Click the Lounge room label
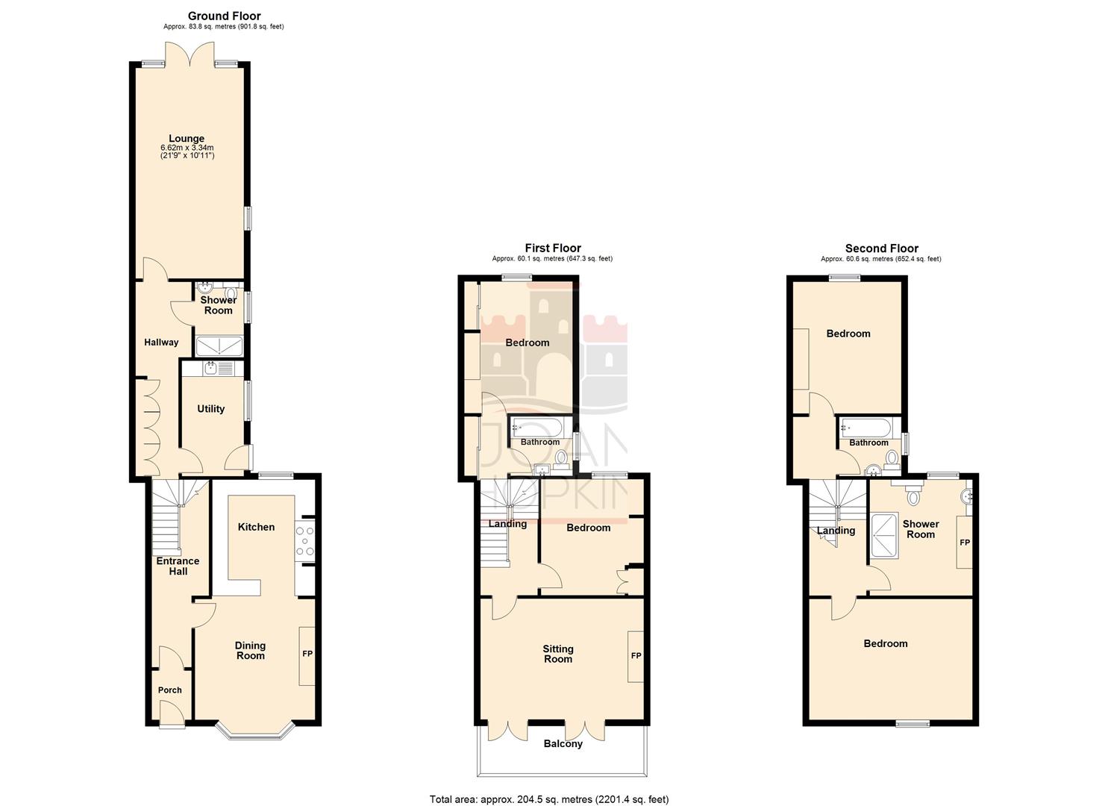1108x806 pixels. (186, 138)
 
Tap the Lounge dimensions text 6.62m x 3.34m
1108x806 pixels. (186, 148)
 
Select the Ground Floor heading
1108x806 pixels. (224, 16)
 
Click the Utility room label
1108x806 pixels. (210, 409)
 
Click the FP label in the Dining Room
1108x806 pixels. (307, 655)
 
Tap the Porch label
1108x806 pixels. (169, 690)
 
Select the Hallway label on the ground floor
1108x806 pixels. (161, 343)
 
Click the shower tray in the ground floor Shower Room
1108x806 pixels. (219, 345)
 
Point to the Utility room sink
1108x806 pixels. (210, 367)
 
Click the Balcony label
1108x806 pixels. (563, 744)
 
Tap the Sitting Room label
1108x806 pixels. (557, 654)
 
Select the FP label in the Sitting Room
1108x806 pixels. (636, 656)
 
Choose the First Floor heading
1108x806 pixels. (552, 249)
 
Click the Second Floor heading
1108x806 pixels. (881, 249)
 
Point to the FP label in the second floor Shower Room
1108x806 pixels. (964, 543)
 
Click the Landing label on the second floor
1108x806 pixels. (836, 531)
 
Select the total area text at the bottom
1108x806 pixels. (548, 799)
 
